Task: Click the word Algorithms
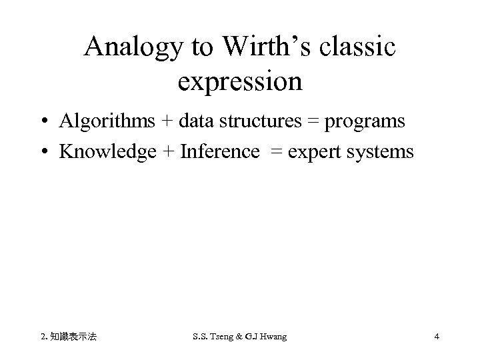(107, 121)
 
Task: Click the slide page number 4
(436, 337)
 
